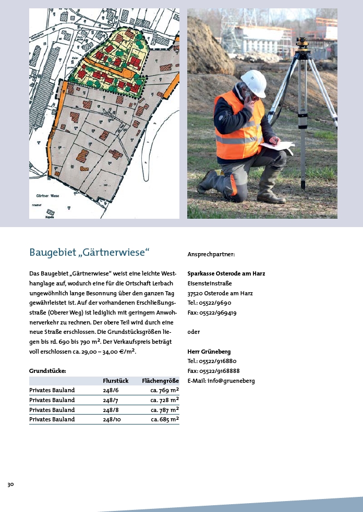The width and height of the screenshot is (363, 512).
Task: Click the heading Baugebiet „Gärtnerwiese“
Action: (89, 253)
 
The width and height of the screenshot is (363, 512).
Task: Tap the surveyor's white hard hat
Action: (254, 82)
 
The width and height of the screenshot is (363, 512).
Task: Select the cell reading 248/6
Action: (111, 390)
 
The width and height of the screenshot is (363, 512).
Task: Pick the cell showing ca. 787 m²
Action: (165, 409)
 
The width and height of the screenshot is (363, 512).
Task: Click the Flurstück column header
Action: (116, 381)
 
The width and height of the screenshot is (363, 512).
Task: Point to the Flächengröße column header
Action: (160, 381)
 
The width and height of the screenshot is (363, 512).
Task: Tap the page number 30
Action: (10, 484)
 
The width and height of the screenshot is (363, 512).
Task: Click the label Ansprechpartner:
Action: (211, 255)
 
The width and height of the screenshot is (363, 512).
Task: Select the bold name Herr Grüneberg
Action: (209, 352)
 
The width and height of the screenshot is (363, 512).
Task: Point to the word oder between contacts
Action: (193, 332)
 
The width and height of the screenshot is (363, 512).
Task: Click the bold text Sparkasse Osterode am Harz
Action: (226, 273)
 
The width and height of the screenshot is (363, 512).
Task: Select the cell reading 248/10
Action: (112, 419)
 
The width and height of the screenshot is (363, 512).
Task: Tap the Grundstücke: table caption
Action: (47, 371)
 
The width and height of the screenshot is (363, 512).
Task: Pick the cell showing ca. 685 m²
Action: (165, 419)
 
